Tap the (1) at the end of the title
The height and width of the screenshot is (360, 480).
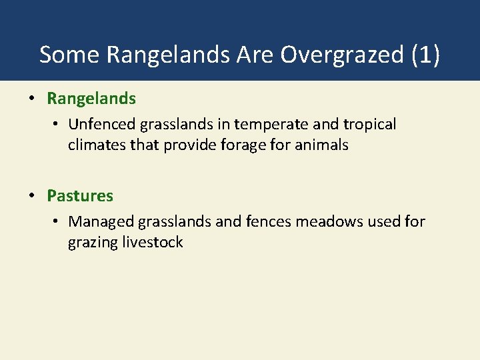[425, 55]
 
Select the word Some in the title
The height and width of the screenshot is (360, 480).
[69, 55]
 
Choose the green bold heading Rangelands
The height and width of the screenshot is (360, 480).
[91, 99]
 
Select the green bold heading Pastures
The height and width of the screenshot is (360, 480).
[80, 196]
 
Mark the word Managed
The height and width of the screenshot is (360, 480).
[102, 221]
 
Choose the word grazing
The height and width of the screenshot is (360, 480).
[93, 242]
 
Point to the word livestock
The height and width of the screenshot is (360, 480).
[153, 242]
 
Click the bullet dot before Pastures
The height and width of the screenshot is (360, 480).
[31, 196]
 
